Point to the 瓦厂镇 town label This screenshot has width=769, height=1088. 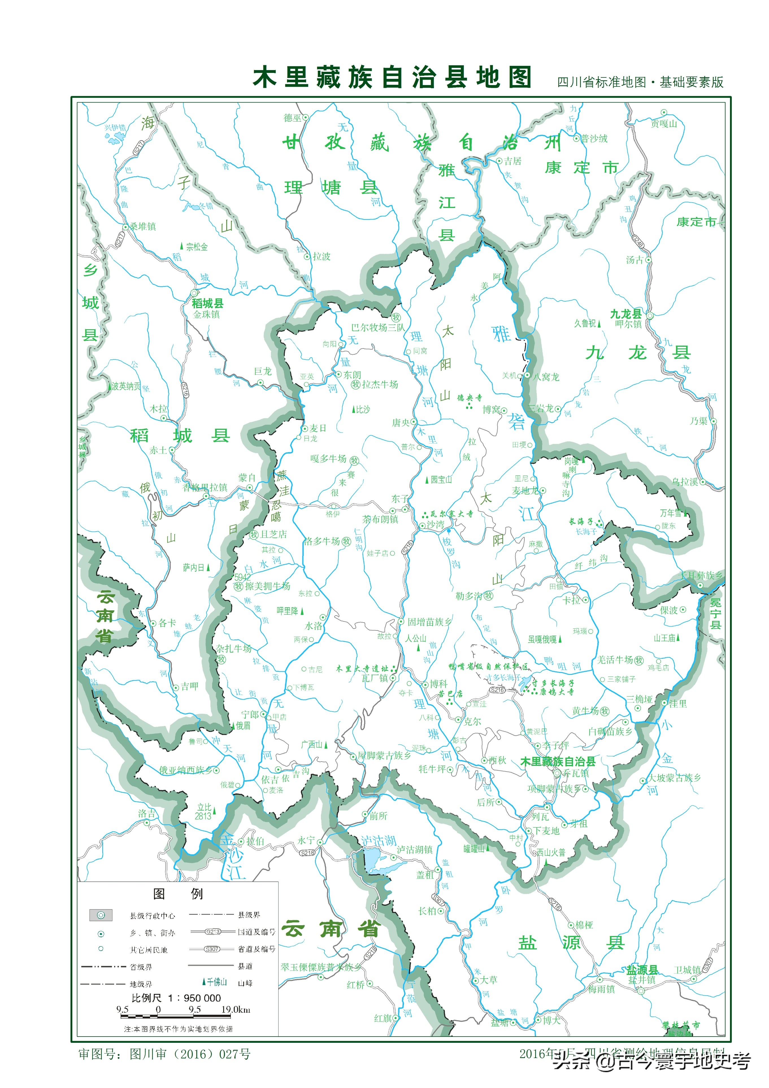coord(375,678)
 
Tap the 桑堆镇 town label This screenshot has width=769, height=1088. coord(143,227)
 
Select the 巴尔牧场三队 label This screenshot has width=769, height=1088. coord(378,328)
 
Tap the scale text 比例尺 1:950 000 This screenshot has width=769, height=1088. coord(176,998)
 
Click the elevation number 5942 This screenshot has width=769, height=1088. coord(242,577)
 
